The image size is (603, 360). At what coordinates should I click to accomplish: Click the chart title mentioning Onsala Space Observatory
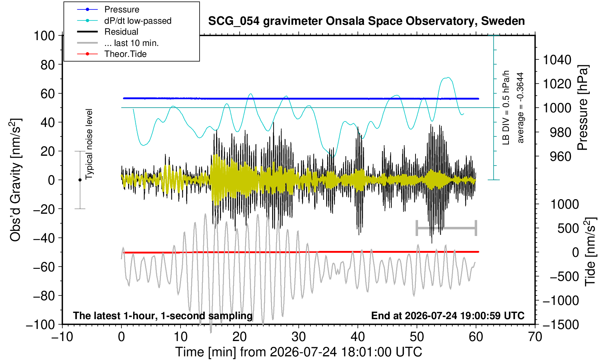(366, 21)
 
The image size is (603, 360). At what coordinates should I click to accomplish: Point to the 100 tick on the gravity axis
(44, 36)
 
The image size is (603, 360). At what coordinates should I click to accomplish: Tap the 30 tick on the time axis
(299, 337)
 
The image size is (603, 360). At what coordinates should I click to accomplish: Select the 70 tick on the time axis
(535, 337)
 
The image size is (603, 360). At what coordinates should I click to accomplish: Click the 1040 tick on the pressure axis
(557, 60)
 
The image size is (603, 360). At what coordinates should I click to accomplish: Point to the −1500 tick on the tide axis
(560, 325)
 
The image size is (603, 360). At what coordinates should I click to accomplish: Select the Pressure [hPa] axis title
(583, 108)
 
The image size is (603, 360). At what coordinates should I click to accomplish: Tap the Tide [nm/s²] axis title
(590, 252)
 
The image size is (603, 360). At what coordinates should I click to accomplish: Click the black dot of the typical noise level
(80, 180)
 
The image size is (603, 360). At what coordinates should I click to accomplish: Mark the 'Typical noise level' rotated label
(89, 144)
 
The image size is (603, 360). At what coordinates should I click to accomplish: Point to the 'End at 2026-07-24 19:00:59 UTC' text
(448, 316)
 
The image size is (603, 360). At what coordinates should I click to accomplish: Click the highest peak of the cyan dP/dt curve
(448, 78)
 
